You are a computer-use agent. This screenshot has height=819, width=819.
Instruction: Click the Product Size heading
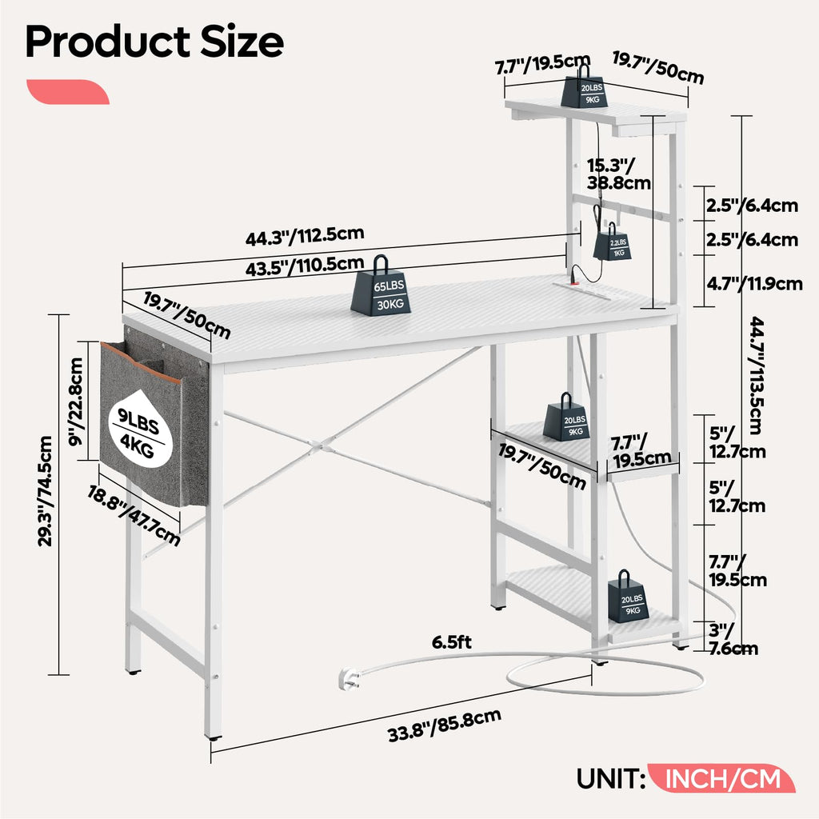[x=154, y=42]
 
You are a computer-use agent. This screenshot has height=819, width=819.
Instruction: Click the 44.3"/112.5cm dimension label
[x=305, y=236]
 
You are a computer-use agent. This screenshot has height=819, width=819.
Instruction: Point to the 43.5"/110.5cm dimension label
[x=305, y=266]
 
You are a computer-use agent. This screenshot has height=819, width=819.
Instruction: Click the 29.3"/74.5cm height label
[x=46, y=491]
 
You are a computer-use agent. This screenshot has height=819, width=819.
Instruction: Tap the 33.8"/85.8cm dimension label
[x=445, y=725]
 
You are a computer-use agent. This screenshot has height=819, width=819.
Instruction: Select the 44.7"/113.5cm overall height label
[x=757, y=376]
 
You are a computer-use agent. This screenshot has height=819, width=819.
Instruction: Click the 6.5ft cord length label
[x=451, y=642]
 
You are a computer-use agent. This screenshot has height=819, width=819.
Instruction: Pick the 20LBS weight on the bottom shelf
[x=629, y=597]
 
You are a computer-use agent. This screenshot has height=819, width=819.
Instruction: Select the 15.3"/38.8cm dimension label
[x=618, y=174]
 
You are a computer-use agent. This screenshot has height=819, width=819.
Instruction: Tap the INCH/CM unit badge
[x=721, y=779]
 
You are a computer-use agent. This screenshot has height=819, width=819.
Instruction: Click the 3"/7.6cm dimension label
[x=733, y=639]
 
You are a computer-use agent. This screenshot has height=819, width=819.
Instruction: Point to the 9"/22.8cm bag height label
[x=76, y=402]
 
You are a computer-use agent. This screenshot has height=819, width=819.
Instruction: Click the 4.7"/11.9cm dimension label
[x=754, y=284]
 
